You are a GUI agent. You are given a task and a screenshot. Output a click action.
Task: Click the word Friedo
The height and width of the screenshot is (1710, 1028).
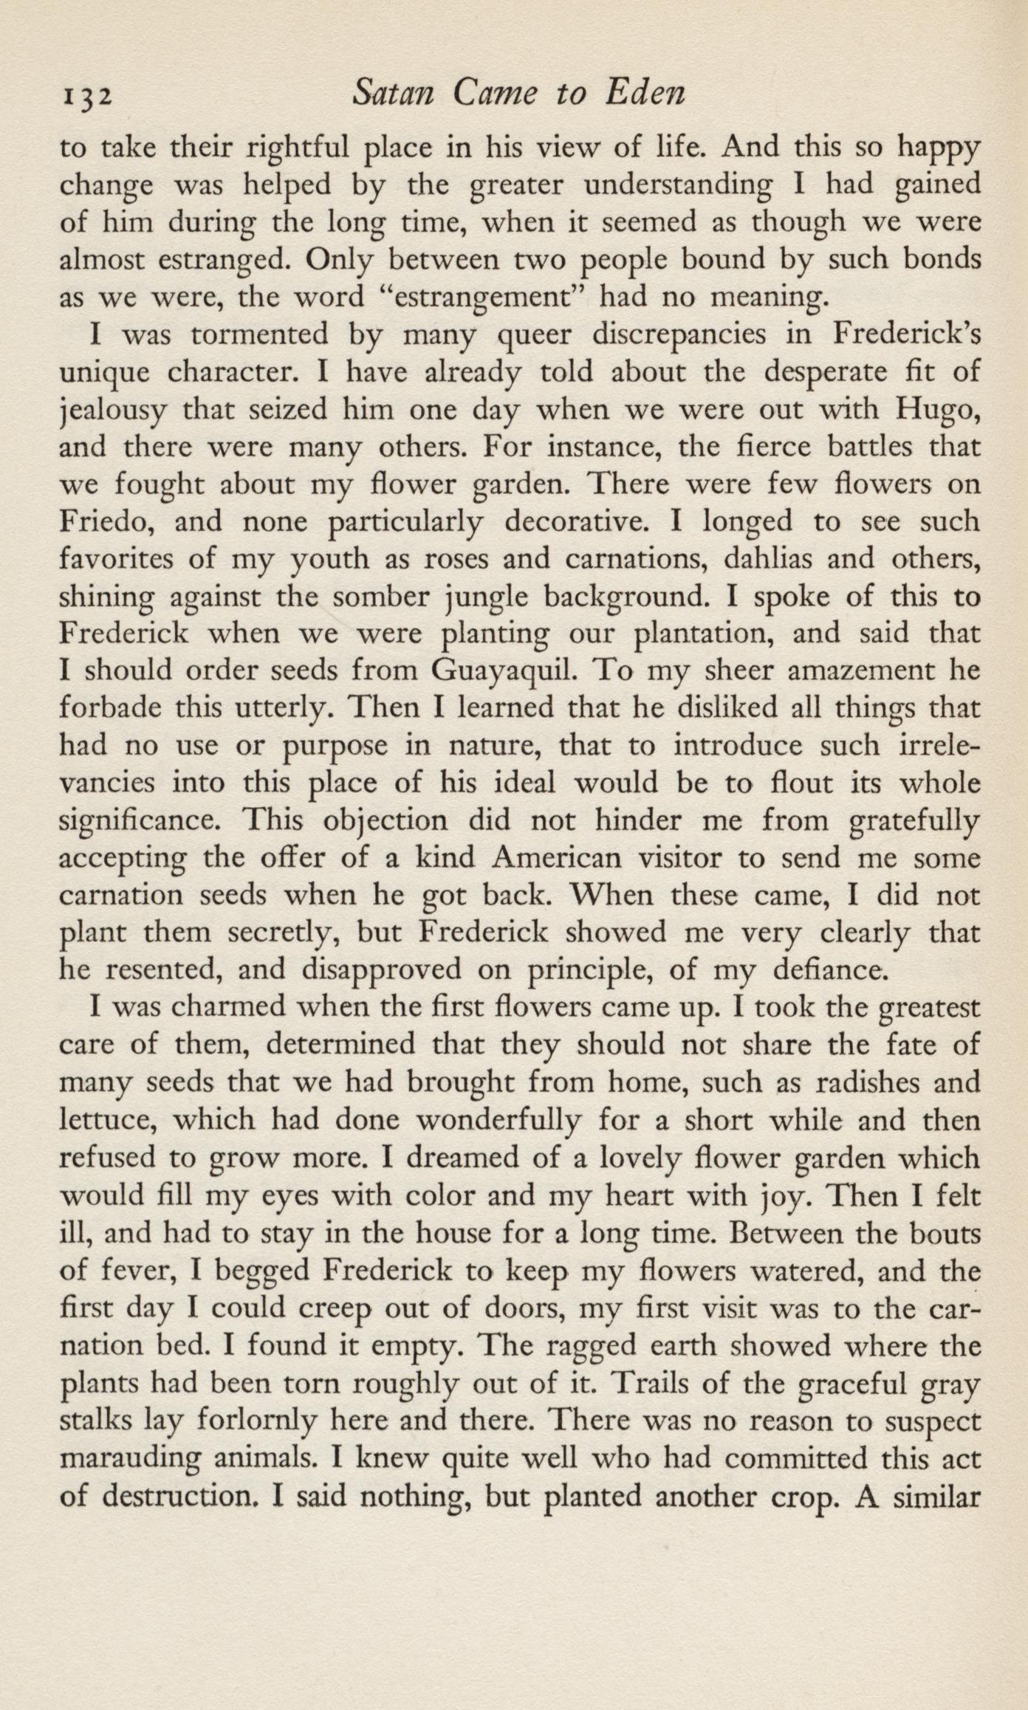point(108,521)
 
